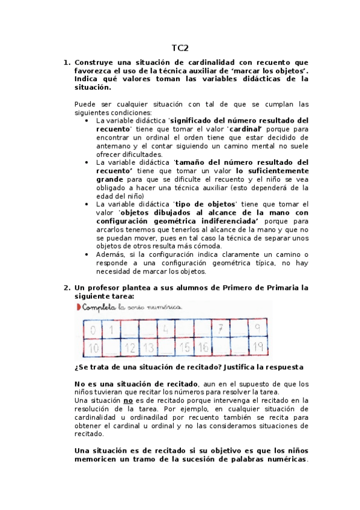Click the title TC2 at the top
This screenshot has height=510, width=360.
point(180,48)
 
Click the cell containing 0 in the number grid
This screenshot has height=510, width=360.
point(93,329)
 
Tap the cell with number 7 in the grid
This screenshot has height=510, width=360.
point(221,329)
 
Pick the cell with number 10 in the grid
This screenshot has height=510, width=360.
point(93,346)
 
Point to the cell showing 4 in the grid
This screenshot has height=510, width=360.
point(165,329)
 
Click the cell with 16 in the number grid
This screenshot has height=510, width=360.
point(203,346)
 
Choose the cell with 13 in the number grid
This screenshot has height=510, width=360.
point(148,346)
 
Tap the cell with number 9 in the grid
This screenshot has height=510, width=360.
point(257,329)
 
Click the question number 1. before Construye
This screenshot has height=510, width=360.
point(67,62)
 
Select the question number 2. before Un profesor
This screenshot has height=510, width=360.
point(67,287)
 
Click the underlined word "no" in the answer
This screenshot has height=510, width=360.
point(127,400)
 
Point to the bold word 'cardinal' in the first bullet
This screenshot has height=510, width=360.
point(246,129)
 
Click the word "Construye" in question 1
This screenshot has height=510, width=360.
point(96,62)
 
